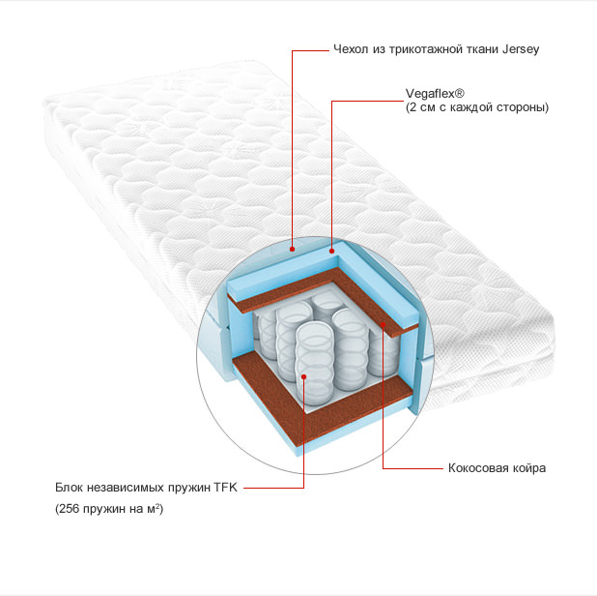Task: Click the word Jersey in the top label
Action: (521, 49)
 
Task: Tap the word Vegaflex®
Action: (435, 94)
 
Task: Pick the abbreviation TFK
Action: (225, 487)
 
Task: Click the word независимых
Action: (126, 487)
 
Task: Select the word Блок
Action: (69, 487)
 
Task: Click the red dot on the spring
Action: (304, 376)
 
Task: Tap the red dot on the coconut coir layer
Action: (383, 324)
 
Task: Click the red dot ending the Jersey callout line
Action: (292, 249)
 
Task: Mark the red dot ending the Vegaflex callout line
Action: (331, 251)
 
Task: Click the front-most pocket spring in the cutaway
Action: (315, 364)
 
